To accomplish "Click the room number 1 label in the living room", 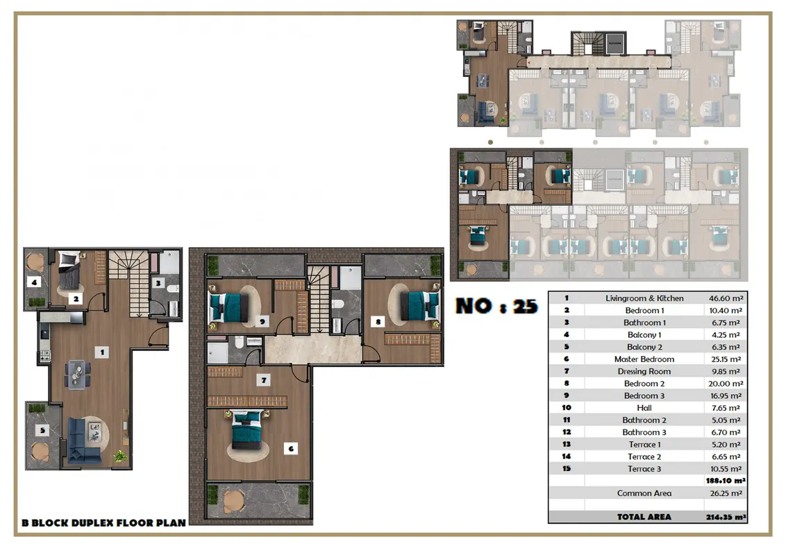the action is point(102,352).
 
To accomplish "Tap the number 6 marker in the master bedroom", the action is point(291,449).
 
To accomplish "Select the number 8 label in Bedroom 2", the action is point(378,322).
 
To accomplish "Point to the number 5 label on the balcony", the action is point(42,430).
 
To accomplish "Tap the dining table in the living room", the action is point(78,374).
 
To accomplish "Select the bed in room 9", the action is point(228,307).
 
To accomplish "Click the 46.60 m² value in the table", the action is point(726,298).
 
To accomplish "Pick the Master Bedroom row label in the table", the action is point(644,359).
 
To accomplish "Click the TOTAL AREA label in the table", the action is point(644,517).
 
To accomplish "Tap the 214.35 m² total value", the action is point(726,517).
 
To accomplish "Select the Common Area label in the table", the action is point(644,493).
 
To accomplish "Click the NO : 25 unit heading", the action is point(496,306).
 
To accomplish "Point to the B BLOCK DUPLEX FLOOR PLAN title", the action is point(103,523).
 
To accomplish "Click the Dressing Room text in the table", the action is point(644,371).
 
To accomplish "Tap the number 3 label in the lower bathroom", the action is point(158,284).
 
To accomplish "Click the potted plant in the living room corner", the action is point(120,456).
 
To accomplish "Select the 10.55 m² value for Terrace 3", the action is point(726,469).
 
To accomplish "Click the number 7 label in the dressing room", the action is point(264,380).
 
